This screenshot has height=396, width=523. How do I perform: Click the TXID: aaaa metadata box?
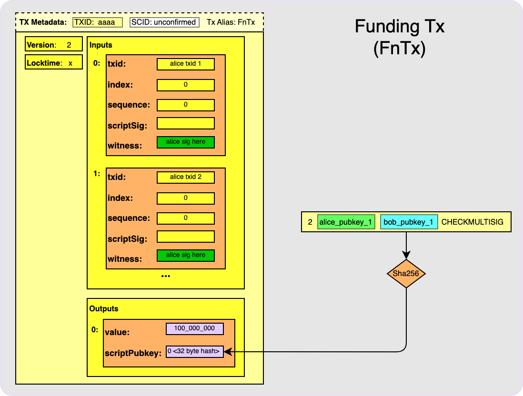(98, 22)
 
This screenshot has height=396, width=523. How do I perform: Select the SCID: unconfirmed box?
(164, 22)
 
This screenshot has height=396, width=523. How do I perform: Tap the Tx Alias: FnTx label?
(231, 22)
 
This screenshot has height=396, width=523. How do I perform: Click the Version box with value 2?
(53, 45)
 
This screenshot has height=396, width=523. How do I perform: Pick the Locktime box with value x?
(53, 63)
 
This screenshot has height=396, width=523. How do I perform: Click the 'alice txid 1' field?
(185, 64)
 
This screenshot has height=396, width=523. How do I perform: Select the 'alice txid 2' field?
(185, 177)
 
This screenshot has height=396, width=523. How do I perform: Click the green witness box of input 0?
(185, 142)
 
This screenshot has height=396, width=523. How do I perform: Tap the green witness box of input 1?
(185, 255)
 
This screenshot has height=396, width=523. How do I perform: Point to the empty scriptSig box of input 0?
(185, 123)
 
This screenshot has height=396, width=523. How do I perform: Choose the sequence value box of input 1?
(185, 218)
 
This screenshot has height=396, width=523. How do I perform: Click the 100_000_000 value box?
(194, 329)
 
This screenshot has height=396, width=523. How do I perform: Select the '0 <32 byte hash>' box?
(194, 352)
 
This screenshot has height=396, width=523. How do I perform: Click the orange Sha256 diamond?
(406, 274)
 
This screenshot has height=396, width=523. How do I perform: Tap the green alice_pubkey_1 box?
(346, 222)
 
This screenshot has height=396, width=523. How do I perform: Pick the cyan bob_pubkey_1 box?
(409, 222)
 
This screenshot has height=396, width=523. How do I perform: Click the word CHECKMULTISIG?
(472, 222)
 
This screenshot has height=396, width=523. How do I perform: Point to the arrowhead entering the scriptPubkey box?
(227, 352)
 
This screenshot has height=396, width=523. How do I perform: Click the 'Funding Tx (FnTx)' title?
(399, 37)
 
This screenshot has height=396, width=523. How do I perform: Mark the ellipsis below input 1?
(166, 276)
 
